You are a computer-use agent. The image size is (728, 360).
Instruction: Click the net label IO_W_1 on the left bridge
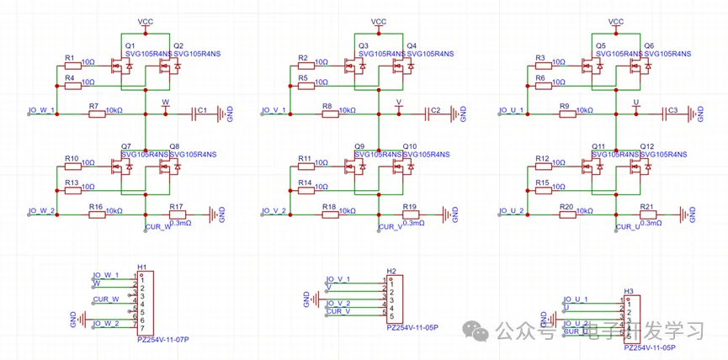coord(42,110)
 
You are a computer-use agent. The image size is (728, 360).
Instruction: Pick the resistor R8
coord(327,115)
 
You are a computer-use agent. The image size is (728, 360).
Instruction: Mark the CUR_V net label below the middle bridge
coord(390,226)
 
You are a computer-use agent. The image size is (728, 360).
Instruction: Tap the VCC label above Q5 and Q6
coord(616,22)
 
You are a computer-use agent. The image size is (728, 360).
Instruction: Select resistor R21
coord(648,215)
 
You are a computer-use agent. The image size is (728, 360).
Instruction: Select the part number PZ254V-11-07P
coord(163,340)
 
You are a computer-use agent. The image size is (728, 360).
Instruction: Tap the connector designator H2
coord(391,271)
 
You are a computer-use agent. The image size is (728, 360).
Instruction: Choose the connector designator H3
coord(629,291)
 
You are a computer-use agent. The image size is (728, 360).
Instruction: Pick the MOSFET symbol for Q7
coord(127,168)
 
